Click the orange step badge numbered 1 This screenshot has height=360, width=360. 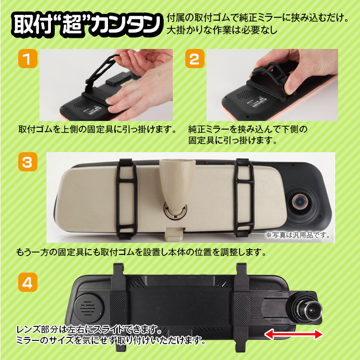(x=28, y=59)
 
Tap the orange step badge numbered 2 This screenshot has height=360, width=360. (x=195, y=59)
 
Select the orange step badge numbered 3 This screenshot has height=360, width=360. (x=28, y=162)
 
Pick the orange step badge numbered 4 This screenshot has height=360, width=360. (x=28, y=282)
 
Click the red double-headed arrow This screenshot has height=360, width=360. (x=294, y=334)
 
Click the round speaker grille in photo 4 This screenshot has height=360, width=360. (x=89, y=308)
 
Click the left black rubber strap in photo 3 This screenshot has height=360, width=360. (x=127, y=199)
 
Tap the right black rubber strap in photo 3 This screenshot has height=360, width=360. (x=244, y=197)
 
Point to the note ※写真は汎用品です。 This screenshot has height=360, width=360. (x=298, y=235)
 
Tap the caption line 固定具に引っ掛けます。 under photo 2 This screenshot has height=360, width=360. (x=233, y=140)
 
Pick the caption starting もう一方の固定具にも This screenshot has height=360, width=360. (x=141, y=252)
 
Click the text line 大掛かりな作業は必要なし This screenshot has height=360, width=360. (x=222, y=30)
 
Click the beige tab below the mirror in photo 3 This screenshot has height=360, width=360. (x=175, y=233)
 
